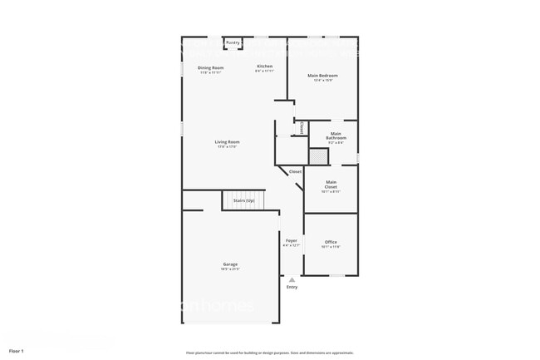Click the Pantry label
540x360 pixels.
[233, 42]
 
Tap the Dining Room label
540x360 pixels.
[210, 67]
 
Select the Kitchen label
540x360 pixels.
[264, 67]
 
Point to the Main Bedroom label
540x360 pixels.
[322, 76]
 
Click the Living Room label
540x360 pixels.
[227, 142]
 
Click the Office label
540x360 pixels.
[331, 242]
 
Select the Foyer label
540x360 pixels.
[291, 240]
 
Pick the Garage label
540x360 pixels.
[229, 264]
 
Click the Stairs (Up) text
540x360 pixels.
[243, 200]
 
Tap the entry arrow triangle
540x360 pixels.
[292, 280]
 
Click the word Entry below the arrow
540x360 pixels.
[292, 288]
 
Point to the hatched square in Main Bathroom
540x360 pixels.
[317, 156]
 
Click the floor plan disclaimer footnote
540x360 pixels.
[270, 352]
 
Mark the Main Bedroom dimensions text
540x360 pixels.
[322, 81]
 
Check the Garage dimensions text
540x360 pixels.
[229, 269]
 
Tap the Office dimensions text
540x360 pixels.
[331, 247]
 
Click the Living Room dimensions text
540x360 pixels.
[227, 147]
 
